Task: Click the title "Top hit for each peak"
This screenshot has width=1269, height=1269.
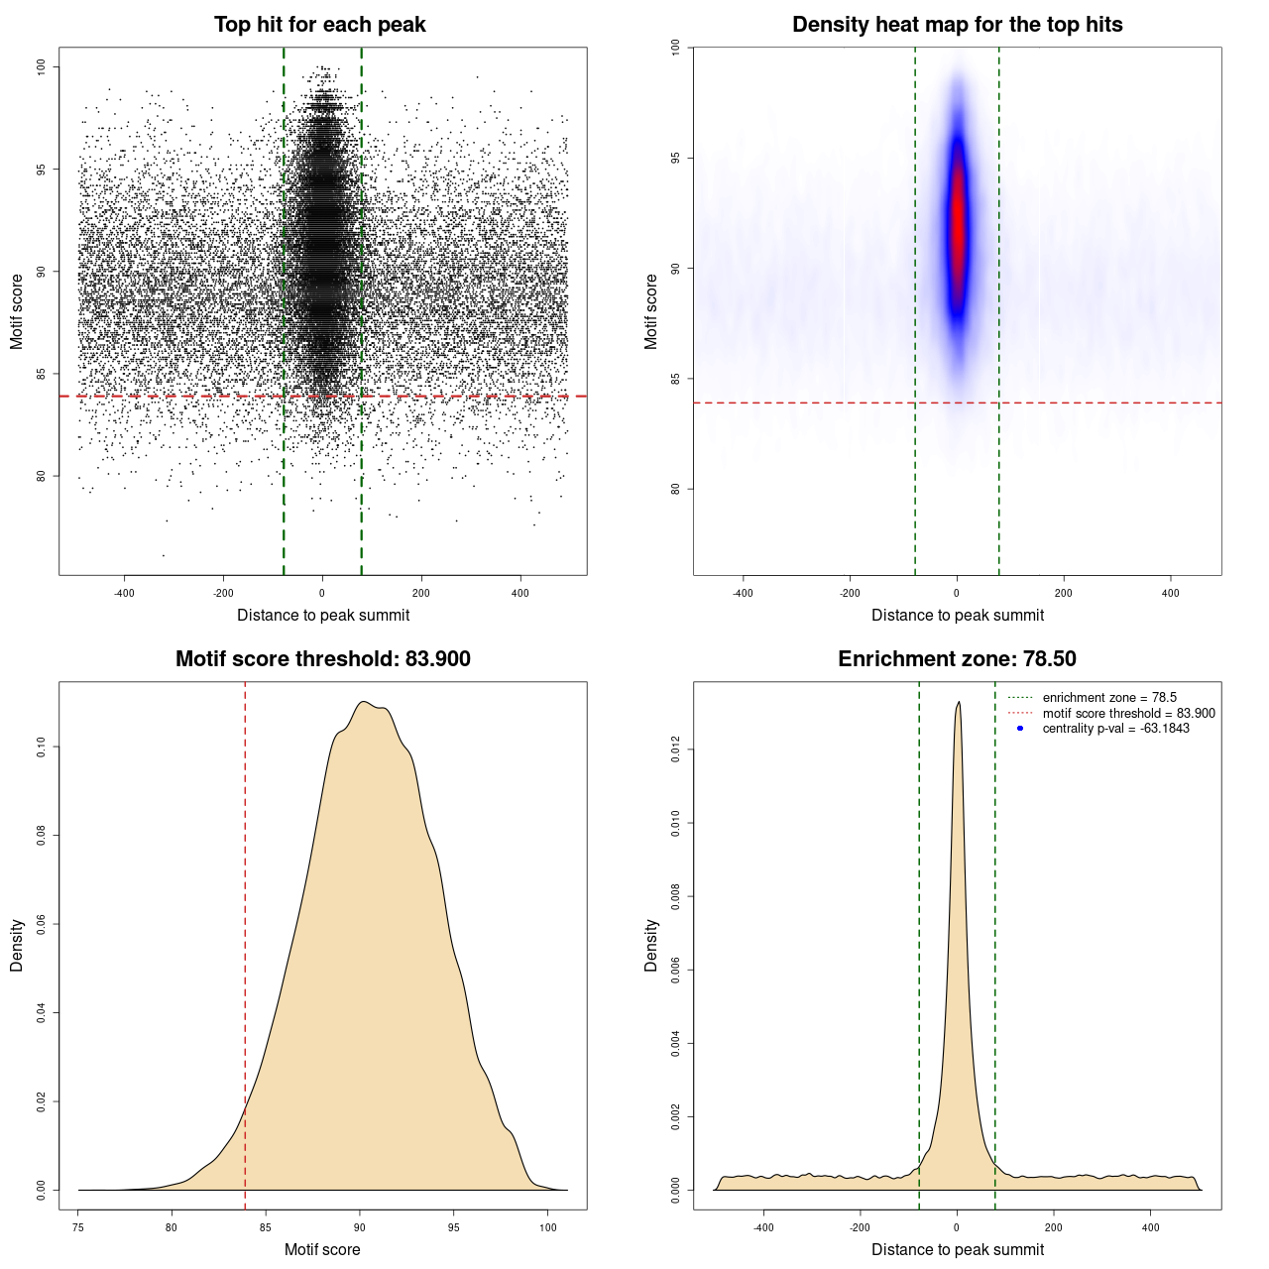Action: tap(319, 25)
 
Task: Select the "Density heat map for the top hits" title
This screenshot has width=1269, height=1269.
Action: tap(957, 25)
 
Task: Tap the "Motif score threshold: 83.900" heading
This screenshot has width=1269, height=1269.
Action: tap(322, 659)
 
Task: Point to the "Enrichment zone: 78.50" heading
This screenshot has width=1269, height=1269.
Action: tap(957, 659)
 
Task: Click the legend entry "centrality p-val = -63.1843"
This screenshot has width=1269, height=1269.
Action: tap(1115, 729)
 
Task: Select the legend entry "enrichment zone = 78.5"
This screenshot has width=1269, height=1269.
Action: tap(1108, 698)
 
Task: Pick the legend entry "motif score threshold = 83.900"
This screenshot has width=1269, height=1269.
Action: tap(1128, 714)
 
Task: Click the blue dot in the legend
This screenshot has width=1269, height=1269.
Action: tap(1020, 729)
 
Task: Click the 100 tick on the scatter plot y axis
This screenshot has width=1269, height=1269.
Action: tap(41, 66)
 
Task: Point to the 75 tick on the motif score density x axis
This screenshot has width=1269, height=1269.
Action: tap(78, 1227)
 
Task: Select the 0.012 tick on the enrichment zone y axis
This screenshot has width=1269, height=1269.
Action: tap(675, 750)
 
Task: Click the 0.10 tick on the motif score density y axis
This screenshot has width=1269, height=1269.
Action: tap(41, 747)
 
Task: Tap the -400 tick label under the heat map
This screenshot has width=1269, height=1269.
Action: tap(743, 593)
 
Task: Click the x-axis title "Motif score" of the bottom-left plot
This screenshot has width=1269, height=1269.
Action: tap(322, 1249)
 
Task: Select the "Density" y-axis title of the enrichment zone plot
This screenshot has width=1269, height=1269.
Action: tap(651, 945)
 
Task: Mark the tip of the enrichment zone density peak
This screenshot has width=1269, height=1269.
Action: tap(958, 703)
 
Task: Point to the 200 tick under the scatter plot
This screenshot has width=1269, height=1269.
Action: tap(421, 593)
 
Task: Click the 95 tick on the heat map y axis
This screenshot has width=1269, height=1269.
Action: tap(675, 159)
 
